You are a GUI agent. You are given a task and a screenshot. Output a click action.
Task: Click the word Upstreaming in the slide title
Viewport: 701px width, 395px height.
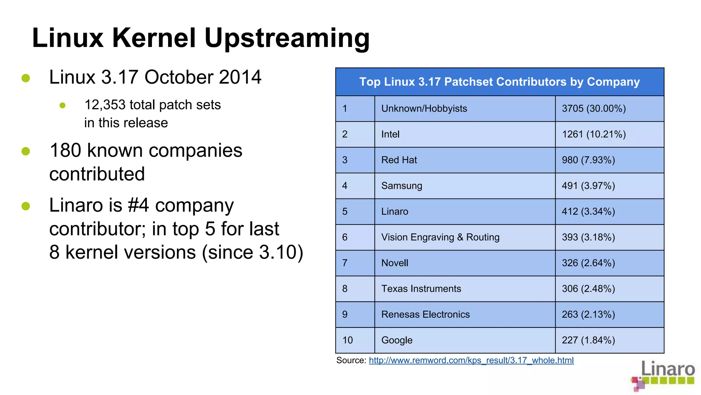(287, 38)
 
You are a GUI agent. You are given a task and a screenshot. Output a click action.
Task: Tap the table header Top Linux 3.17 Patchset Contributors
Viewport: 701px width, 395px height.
(499, 82)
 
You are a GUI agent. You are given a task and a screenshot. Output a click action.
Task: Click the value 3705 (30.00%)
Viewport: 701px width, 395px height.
(594, 109)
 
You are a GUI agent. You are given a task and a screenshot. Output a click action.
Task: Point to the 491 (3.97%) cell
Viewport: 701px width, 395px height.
(588, 186)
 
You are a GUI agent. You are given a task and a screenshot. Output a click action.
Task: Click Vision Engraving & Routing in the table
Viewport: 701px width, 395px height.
(440, 237)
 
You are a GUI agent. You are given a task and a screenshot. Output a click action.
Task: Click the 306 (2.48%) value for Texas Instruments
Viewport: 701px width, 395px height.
(588, 289)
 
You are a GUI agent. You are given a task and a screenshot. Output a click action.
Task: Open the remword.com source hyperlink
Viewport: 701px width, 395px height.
(471, 360)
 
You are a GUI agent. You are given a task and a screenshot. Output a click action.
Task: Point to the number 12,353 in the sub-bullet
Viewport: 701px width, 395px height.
(105, 105)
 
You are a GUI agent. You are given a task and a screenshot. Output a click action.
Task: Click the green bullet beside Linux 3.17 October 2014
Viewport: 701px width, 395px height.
(26, 78)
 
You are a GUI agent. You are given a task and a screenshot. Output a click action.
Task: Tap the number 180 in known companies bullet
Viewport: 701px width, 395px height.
(65, 151)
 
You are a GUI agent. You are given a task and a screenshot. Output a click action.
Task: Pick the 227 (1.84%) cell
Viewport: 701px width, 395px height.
(588, 340)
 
